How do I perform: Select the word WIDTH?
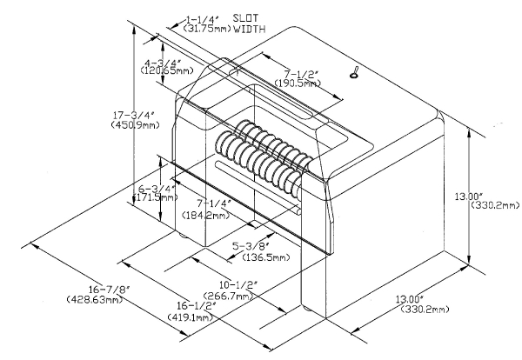click(249, 29)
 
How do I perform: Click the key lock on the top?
click(355, 73)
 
